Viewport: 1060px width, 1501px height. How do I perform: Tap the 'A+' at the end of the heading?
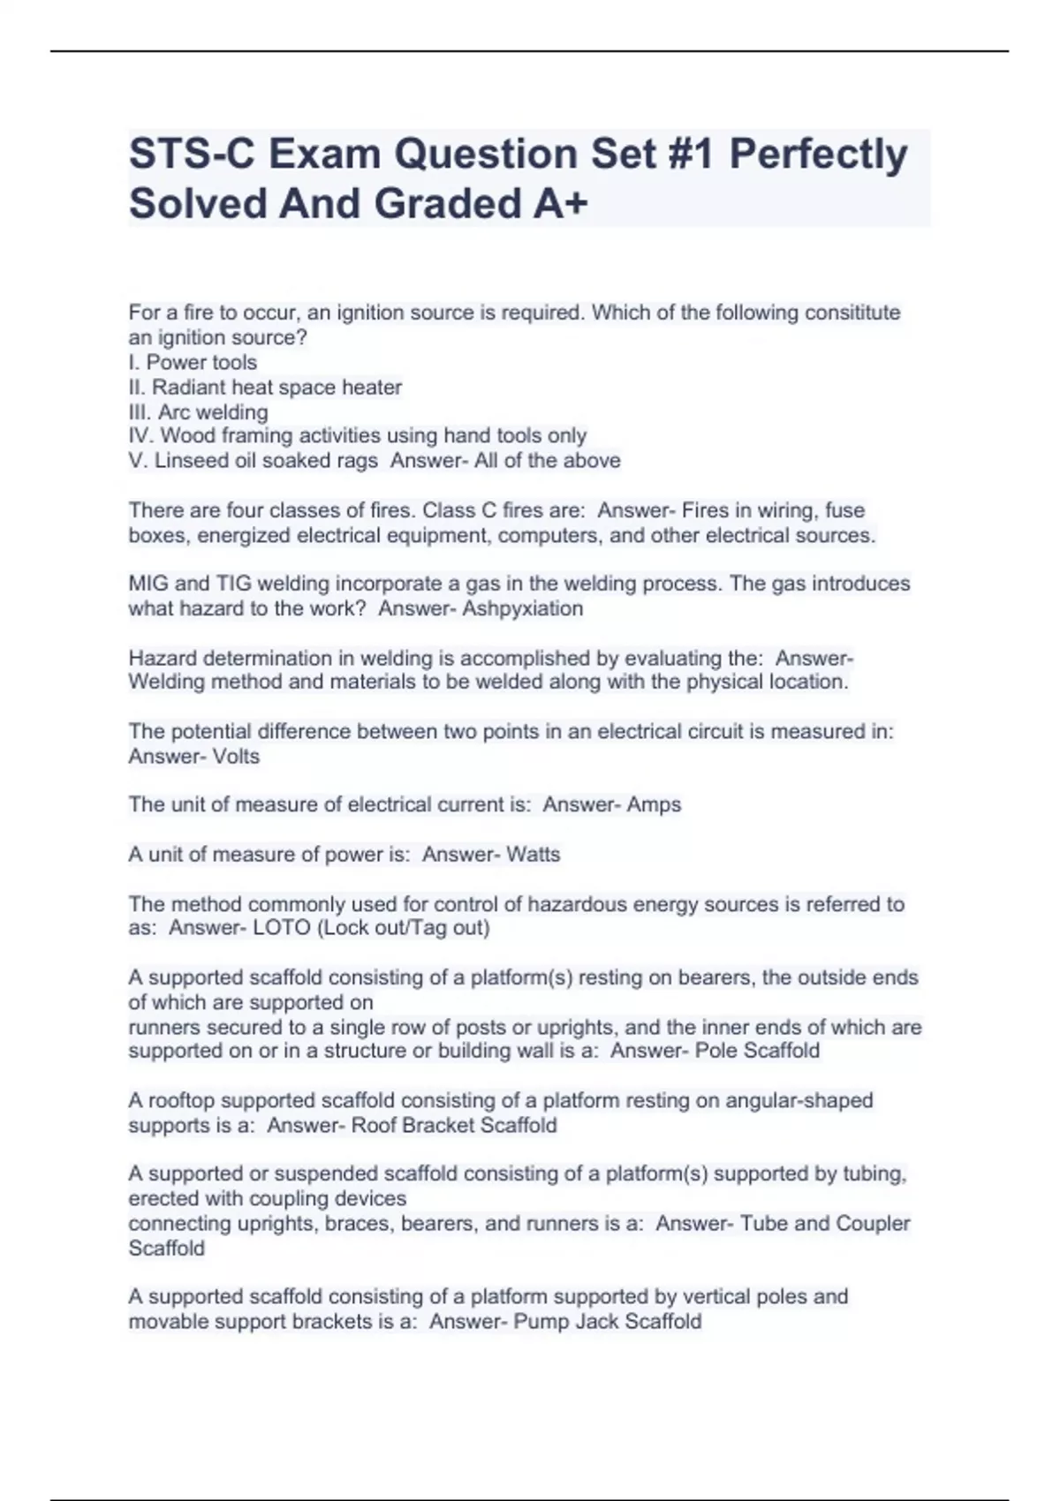[560, 204]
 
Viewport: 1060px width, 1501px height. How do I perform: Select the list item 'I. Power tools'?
[193, 362]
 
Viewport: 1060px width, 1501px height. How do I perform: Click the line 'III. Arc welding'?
[198, 412]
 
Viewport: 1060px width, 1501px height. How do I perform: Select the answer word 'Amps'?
[654, 804]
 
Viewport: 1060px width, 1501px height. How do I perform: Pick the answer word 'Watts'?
[533, 854]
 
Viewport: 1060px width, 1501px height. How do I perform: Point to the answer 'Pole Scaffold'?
[757, 1051]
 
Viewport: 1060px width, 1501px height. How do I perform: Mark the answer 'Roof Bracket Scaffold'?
[454, 1125]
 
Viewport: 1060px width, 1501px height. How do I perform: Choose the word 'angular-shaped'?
[799, 1100]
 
